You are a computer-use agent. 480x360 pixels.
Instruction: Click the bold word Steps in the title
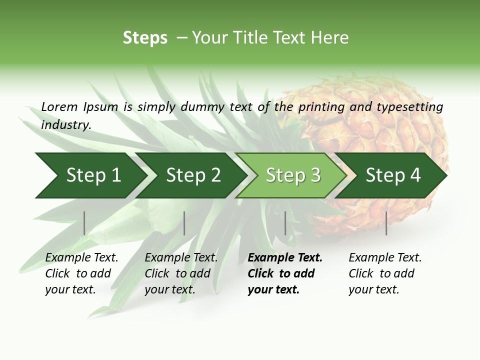point(145,38)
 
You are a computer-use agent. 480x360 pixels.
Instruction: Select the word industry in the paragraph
point(65,124)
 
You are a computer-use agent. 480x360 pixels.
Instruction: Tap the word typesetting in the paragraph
point(409,106)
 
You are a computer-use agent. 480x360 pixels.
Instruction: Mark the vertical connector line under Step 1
point(84,223)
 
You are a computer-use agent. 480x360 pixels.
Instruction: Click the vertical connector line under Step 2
point(184,223)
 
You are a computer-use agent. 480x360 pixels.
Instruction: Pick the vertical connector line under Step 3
point(285,223)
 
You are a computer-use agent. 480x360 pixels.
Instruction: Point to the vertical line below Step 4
point(386,223)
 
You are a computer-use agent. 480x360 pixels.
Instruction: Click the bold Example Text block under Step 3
point(284,273)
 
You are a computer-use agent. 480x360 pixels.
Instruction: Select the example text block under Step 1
point(81,273)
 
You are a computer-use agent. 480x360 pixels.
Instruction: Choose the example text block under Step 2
point(181,273)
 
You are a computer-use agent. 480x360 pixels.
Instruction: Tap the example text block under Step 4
point(384,273)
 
